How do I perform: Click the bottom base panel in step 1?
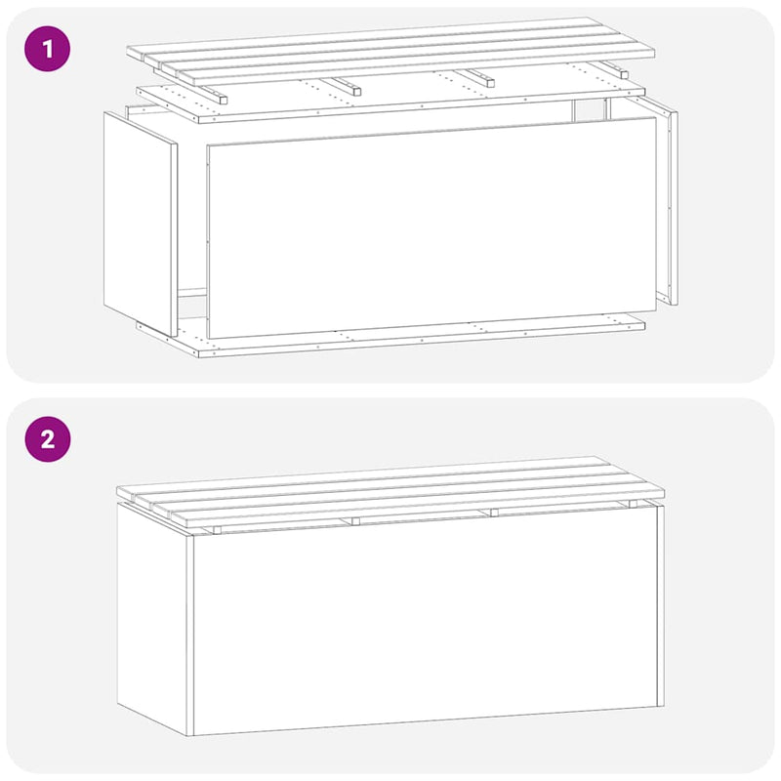coord(410,337)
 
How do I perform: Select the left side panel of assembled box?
coord(154,615)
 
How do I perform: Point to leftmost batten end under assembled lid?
coord(218,530)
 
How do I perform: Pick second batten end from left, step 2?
coord(356,521)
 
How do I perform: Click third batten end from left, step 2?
coord(493,513)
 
